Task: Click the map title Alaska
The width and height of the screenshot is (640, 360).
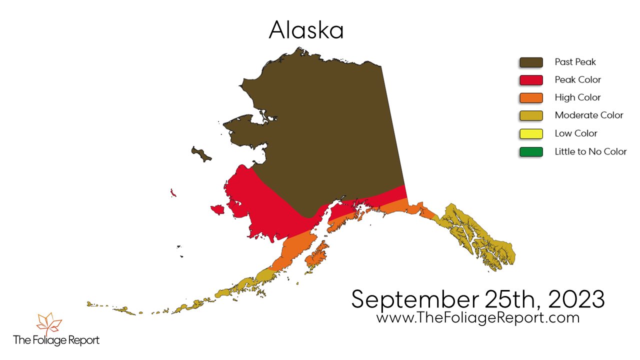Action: (306, 30)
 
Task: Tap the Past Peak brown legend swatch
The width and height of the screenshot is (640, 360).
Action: (531, 62)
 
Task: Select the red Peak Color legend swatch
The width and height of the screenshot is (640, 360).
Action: (531, 80)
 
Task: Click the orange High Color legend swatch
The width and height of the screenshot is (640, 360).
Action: (531, 97)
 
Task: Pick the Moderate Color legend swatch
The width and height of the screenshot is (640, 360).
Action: (531, 115)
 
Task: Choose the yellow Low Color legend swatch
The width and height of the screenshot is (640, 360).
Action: (531, 133)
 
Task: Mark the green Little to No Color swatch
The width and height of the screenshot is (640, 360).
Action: (531, 151)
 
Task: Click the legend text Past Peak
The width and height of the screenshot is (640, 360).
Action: (575, 62)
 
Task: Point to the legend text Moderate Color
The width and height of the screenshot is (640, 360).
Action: (588, 115)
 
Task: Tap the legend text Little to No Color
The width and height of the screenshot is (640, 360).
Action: (590, 151)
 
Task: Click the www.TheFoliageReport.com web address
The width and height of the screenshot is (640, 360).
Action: (477, 318)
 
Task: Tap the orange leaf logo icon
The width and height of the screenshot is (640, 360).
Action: (49, 324)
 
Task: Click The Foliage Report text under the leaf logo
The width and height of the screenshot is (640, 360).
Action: (56, 340)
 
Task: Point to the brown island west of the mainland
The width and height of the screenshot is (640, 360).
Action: (201, 154)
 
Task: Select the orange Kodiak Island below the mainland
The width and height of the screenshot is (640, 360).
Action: (316, 255)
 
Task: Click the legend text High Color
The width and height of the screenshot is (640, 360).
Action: (577, 97)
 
